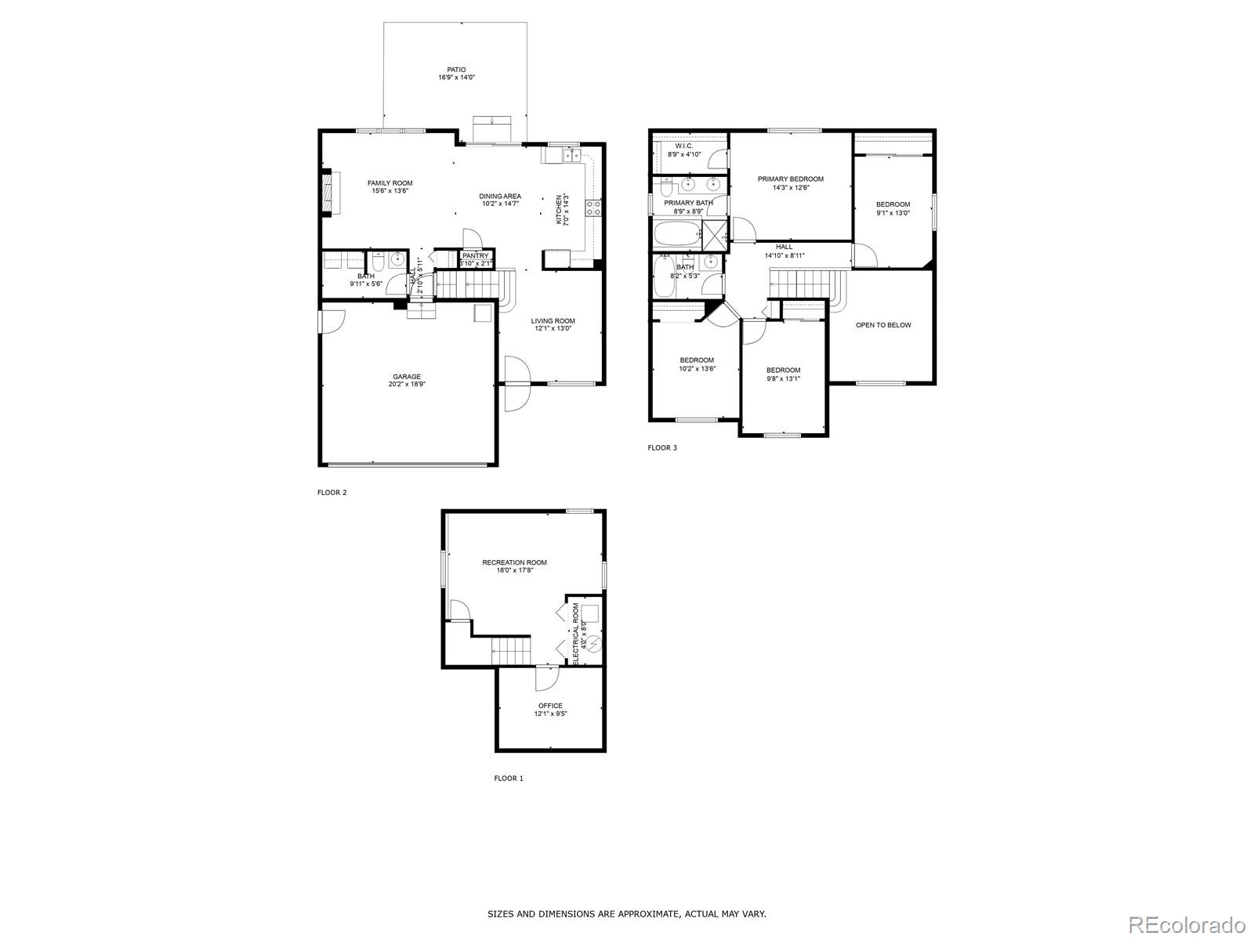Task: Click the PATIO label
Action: (x=457, y=70)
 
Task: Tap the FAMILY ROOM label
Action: (x=390, y=183)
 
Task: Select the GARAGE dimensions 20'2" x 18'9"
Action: (x=407, y=385)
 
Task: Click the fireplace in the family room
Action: (x=328, y=192)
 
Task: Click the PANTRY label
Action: (x=475, y=255)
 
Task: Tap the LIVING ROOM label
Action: (x=553, y=320)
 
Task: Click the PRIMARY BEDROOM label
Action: (x=790, y=179)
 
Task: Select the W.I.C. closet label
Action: (x=683, y=146)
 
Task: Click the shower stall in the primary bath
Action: (x=714, y=233)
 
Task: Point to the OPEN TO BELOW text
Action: (x=883, y=325)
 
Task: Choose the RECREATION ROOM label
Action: (x=514, y=562)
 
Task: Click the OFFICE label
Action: (x=550, y=706)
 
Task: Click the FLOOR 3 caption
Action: (x=661, y=448)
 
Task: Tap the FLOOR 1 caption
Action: (x=508, y=778)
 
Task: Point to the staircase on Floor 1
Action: (x=510, y=649)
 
